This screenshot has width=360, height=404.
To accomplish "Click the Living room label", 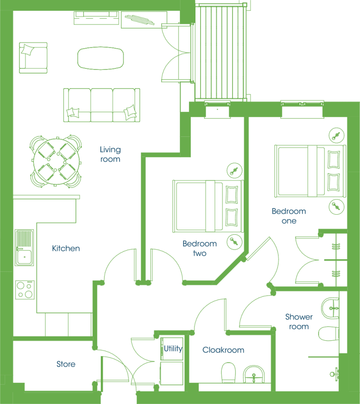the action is pos(110,154).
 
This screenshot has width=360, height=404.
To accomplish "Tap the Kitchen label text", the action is pos(66,248).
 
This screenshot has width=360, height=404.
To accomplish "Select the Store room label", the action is pos(66,364).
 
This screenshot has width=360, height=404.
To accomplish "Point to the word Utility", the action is pos(173,349).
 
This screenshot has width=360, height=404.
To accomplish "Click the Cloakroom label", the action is pos(224,350).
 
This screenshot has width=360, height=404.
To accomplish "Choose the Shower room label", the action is pos(299,322).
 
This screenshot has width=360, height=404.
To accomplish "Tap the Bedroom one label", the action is pos(289,216).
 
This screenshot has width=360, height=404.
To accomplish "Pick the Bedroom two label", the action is pos(200,248).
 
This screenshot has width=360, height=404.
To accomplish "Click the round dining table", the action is pos(56,161).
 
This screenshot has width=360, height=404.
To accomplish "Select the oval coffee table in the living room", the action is pos(100,58).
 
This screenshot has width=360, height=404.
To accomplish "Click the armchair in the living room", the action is pos(33,58).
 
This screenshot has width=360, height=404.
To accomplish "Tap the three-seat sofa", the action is pos(102,105).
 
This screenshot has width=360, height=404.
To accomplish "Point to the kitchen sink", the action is pos(24,247).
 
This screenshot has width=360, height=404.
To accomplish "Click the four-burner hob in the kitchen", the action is pos(25,290).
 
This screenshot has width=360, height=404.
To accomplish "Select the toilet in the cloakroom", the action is pos(229,373).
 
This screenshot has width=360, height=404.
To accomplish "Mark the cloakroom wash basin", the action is pos(254,374).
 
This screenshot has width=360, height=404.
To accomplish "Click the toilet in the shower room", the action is pos(329,334).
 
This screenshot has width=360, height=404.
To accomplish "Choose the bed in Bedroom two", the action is pos(208,206).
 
